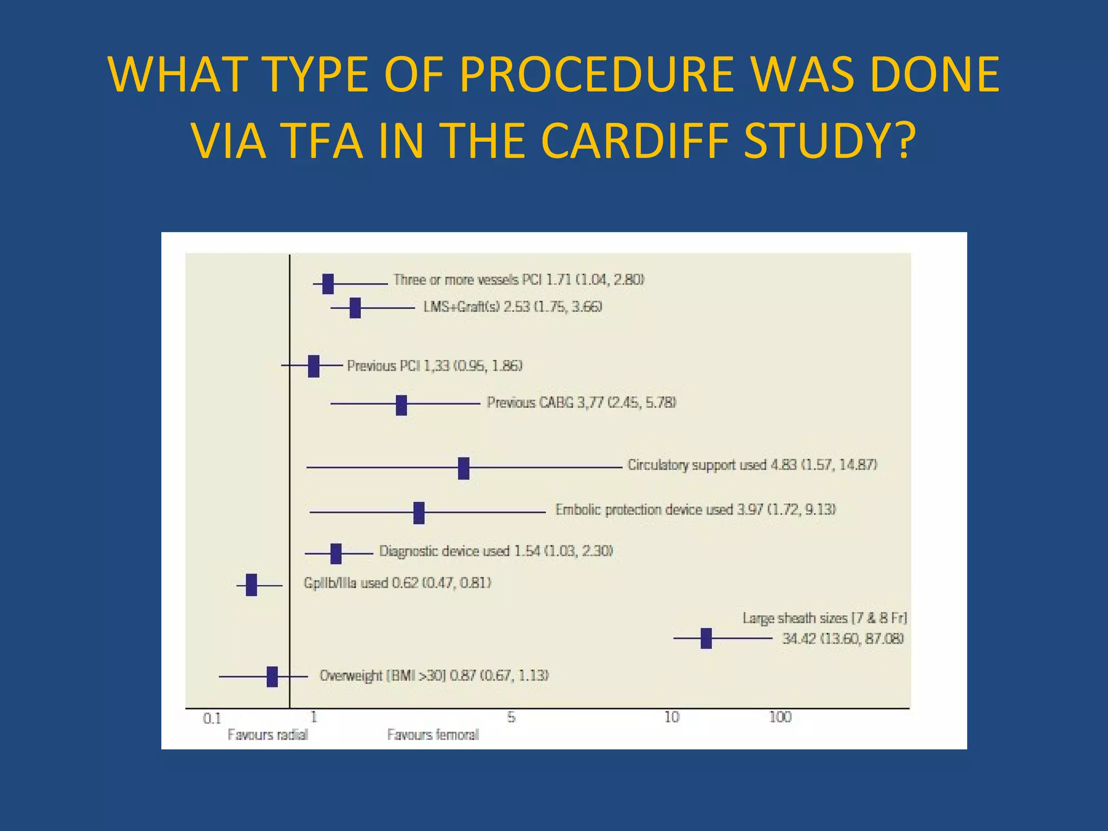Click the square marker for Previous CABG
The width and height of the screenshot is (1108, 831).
[401, 405]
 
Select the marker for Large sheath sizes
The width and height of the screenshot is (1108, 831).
[706, 638]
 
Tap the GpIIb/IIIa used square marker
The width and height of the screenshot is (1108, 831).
[251, 585]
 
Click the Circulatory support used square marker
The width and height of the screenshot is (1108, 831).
[464, 468]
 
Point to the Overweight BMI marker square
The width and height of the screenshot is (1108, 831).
[272, 677]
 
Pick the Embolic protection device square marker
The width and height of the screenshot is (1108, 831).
[419, 513]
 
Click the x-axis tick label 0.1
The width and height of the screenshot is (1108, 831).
[212, 718]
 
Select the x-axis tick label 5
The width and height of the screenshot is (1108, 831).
[511, 717]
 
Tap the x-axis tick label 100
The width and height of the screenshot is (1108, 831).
[780, 717]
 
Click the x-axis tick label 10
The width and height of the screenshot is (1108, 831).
[671, 717]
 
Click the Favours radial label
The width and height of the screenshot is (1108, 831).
[267, 735]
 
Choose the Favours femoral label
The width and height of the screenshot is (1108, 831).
[433, 735]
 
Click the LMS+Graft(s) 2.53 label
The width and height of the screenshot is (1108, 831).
[512, 307]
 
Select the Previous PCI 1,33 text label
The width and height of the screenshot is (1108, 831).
[434, 366]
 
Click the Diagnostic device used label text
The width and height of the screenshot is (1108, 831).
[496, 551]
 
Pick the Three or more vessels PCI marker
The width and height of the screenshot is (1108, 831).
[328, 284]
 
